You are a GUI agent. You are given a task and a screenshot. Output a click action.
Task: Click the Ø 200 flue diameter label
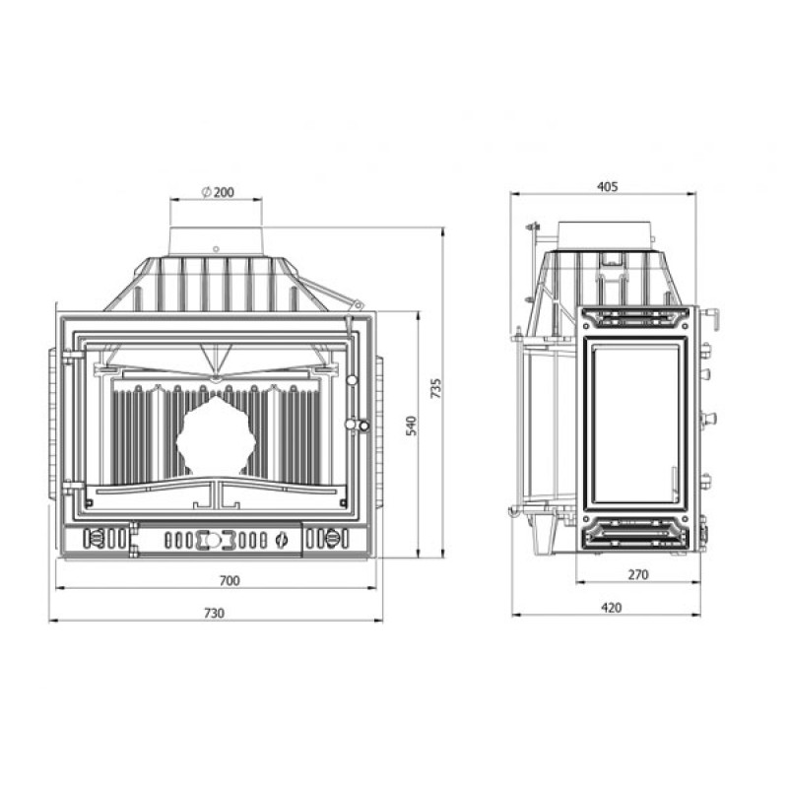point(218,192)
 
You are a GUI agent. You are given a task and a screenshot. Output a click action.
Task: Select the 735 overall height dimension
point(436,388)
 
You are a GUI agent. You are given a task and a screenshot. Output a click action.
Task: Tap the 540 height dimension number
point(412,426)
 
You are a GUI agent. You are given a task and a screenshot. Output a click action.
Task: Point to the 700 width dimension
point(230,580)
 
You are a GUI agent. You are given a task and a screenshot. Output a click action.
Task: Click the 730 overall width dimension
point(214,613)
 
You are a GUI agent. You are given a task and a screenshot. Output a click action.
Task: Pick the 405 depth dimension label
point(607,187)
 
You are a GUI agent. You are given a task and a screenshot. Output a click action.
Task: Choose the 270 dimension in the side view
point(638,574)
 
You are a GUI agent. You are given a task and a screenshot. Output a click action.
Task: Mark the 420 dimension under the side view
point(611,608)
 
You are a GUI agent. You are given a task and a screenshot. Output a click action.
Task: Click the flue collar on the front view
point(216,242)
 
